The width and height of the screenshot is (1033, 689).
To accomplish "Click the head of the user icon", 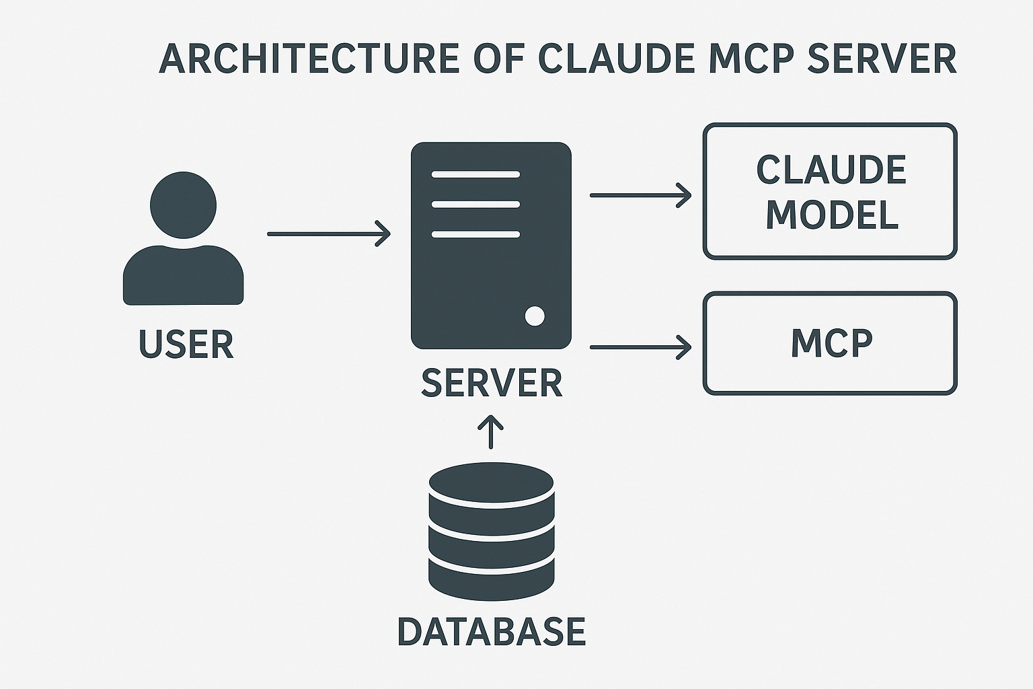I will click(x=183, y=205).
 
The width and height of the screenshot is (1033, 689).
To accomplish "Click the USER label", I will click(x=186, y=344).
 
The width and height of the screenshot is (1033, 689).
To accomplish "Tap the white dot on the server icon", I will click(x=535, y=316).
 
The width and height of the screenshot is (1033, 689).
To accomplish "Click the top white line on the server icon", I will click(x=475, y=174).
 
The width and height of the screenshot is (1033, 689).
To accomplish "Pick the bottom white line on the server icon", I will click(x=475, y=234).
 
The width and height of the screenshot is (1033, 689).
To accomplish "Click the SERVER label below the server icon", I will click(x=491, y=383).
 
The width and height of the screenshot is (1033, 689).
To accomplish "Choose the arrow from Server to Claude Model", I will click(x=640, y=195).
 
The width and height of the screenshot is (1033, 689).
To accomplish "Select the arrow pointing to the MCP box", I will click(x=640, y=347).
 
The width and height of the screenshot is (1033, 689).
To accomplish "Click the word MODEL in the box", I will click(x=831, y=215).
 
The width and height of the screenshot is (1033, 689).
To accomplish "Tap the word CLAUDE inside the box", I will click(x=831, y=170).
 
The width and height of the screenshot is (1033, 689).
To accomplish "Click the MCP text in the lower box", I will click(x=831, y=343).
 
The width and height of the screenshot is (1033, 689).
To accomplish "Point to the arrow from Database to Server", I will click(x=491, y=432).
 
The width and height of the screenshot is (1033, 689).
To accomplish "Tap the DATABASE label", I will click(x=491, y=631).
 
